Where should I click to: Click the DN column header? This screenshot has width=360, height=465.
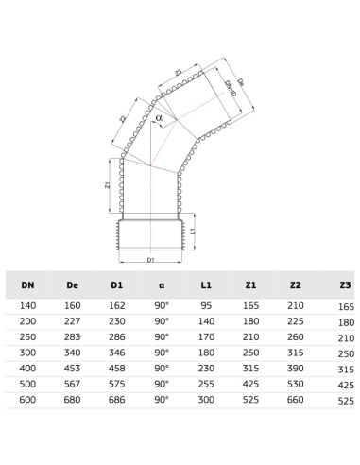click(x=27, y=285)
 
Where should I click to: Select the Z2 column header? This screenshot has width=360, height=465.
click(x=295, y=285)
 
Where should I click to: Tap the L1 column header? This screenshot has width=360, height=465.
click(x=206, y=285)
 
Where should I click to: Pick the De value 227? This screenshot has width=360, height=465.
click(x=72, y=321)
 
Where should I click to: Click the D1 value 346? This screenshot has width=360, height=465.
click(x=117, y=353)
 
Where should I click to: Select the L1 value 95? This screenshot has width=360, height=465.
click(x=206, y=305)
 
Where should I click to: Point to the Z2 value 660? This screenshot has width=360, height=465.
click(x=296, y=400)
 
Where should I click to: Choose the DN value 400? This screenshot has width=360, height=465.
click(x=27, y=369)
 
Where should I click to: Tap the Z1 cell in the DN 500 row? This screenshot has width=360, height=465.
click(x=250, y=384)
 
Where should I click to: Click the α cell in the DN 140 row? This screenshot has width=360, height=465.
click(x=162, y=305)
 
